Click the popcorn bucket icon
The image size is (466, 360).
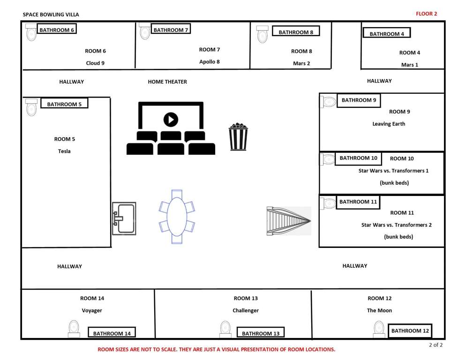click(238, 136)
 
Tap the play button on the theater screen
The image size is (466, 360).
click(171, 120)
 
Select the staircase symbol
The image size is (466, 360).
click(289, 221)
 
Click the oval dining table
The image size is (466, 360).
click(177, 217)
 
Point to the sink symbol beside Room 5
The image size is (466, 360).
click(124, 218)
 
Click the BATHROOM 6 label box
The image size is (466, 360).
click(57, 30)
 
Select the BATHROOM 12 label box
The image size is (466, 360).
click(410, 330)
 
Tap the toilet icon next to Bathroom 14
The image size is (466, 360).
click(74, 329)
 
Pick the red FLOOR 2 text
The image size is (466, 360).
click(426, 14)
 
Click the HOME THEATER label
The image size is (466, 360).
click(167, 82)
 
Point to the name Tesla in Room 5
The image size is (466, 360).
click(64, 151)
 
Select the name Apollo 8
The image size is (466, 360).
click(209, 61)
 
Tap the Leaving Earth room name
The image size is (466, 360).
click(389, 124)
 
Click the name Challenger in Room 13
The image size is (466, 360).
click(245, 310)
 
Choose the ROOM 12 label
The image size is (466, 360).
click(379, 298)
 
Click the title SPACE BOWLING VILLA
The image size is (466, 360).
click(51, 15)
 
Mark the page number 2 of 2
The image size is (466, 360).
click(436, 345)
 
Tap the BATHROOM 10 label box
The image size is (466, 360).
click(358, 158)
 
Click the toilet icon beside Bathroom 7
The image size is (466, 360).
click(145, 31)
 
